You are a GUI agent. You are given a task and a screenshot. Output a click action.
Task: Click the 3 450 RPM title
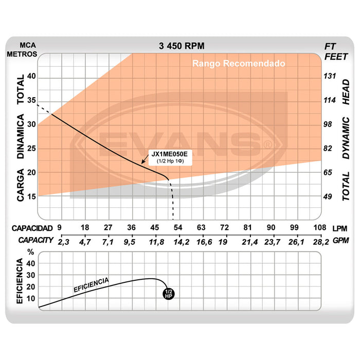pyautogui.click(x=182, y=46)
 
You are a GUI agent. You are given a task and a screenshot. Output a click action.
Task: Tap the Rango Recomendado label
pyautogui.click(x=239, y=64)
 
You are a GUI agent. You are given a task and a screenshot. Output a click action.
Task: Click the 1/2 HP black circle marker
pyautogui.click(x=168, y=294)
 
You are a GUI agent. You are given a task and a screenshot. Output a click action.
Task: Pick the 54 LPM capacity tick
pyautogui.click(x=178, y=227)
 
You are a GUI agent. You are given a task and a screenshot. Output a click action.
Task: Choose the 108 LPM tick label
pyautogui.click(x=320, y=227)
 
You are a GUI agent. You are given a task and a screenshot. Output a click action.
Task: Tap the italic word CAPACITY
pyautogui.click(x=33, y=240)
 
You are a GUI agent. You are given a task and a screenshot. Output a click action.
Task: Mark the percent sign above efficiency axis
pyautogui.click(x=31, y=253)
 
